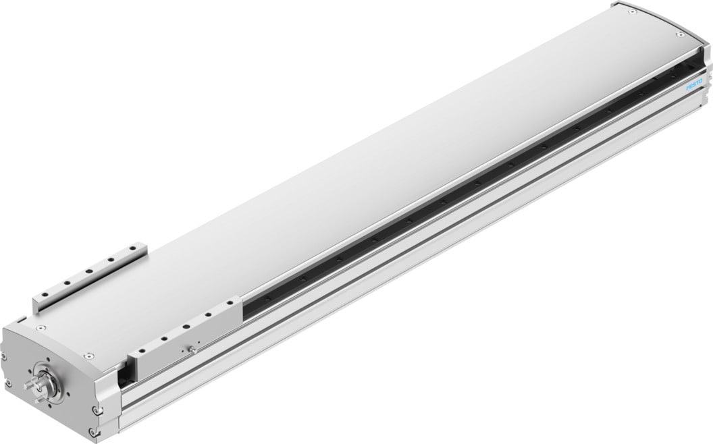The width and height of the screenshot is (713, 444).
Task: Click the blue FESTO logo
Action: pyautogui.click(x=695, y=87)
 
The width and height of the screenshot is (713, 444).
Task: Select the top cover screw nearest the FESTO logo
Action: pyautogui.click(x=679, y=34)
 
